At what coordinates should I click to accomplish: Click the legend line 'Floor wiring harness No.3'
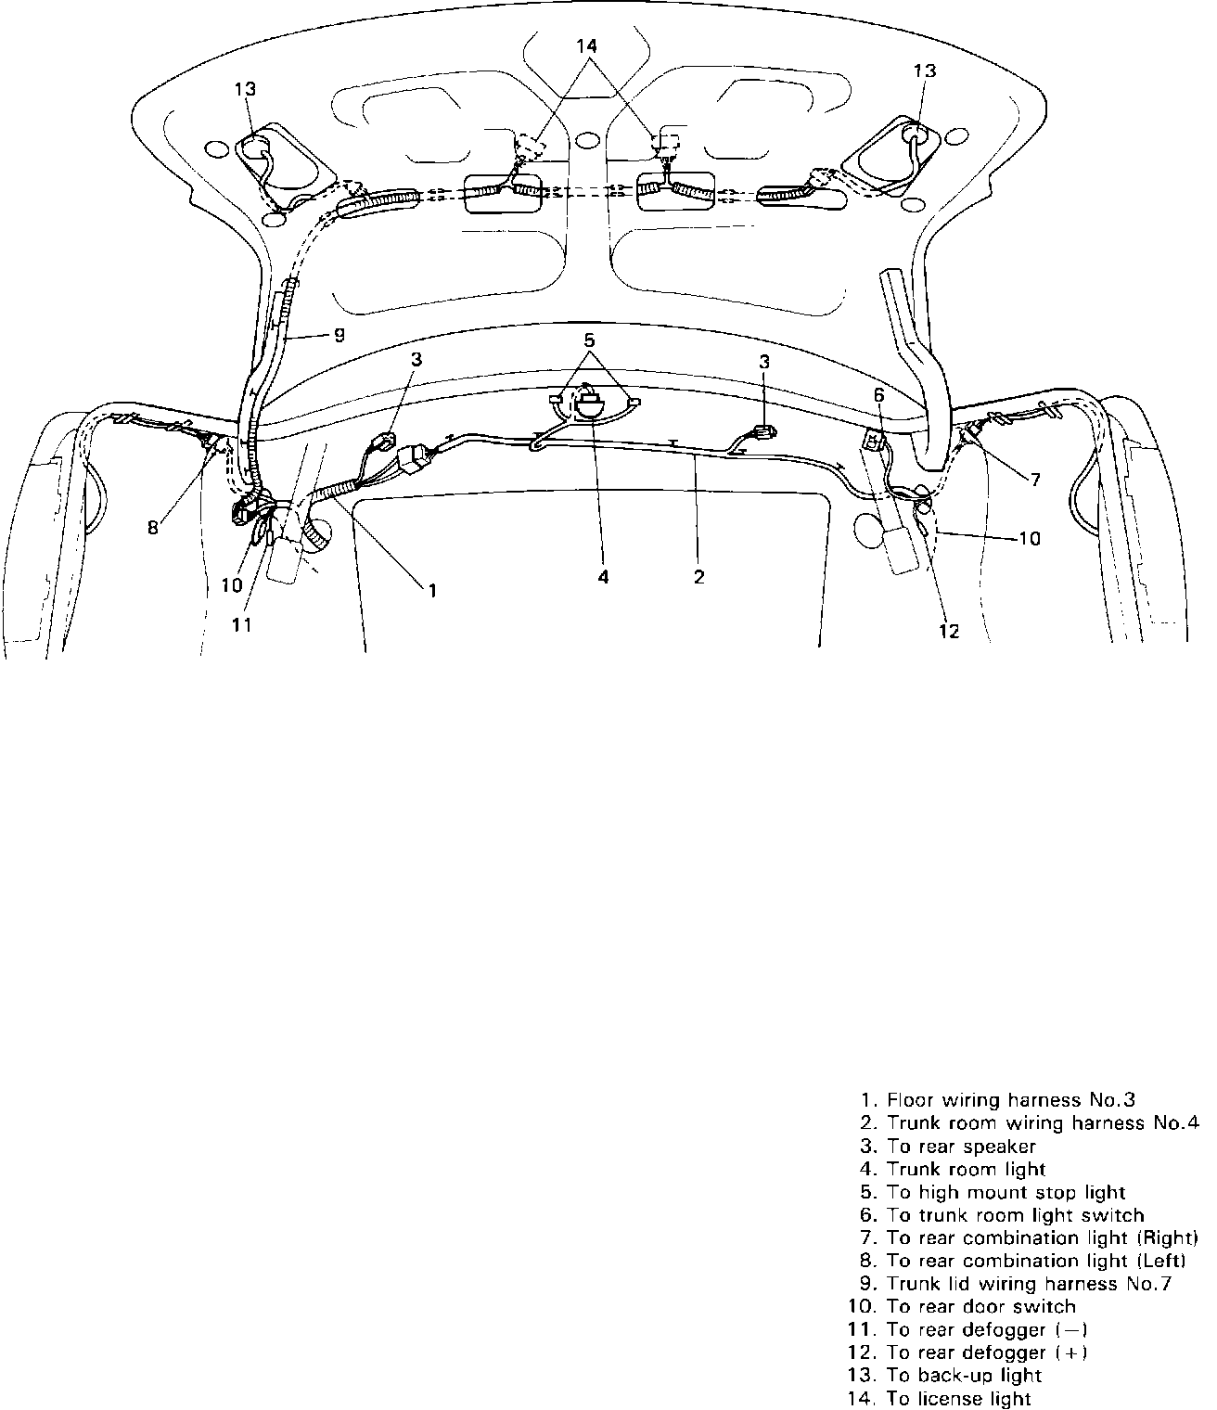(x=1011, y=1100)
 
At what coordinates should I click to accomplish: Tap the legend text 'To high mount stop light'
(x=1006, y=1193)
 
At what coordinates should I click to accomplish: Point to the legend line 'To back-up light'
(x=964, y=1377)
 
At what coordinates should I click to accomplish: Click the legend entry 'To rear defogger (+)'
(x=987, y=1353)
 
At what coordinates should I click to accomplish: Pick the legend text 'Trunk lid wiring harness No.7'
(x=1029, y=1285)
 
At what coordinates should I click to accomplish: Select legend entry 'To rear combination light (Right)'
(x=1042, y=1238)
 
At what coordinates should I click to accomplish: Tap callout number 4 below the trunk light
(x=603, y=577)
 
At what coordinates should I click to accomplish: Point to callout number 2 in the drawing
(x=698, y=577)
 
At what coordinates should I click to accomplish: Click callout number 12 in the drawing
(x=949, y=632)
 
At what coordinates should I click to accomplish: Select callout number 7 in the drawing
(x=1034, y=480)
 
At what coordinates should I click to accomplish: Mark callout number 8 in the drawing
(x=153, y=527)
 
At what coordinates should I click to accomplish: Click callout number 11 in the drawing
(x=241, y=625)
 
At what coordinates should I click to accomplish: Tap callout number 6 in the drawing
(x=879, y=394)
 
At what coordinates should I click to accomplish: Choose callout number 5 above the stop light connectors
(x=590, y=340)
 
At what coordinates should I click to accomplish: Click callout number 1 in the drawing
(x=431, y=588)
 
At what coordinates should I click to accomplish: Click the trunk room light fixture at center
(x=589, y=404)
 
